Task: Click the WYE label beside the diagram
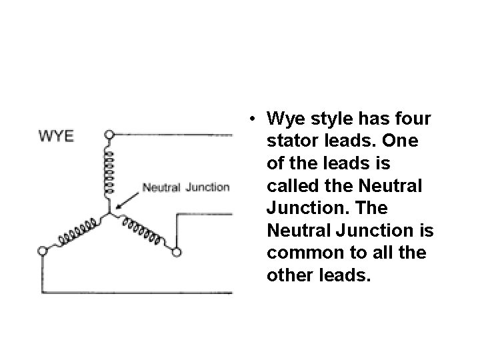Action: point(57,136)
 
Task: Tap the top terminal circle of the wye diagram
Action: point(110,135)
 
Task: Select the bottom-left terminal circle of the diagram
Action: point(42,251)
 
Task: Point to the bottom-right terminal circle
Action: point(177,252)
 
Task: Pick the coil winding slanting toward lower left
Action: point(75,231)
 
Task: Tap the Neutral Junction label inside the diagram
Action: point(186,187)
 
